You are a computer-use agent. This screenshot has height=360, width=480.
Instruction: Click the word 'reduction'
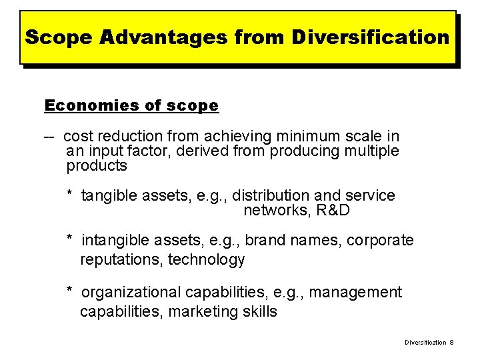pos(133,137)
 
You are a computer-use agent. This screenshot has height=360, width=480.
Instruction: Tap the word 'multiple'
pos(371,151)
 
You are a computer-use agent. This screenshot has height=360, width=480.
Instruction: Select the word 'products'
pos(97,165)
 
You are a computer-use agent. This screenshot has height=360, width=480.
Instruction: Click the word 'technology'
pos(207,259)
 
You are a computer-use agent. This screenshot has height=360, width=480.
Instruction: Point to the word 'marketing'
pos(198,311)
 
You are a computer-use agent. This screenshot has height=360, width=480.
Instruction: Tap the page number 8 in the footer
pos(451,342)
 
